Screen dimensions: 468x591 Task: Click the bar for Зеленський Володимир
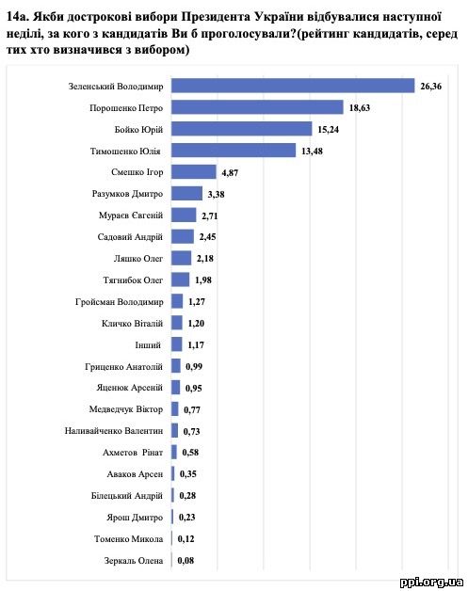point(293,86)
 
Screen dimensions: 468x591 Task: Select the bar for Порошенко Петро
point(257,107)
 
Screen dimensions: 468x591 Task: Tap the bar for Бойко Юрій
point(242,129)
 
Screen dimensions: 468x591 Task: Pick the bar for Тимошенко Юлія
point(234,151)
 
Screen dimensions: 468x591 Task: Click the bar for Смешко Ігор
point(194,172)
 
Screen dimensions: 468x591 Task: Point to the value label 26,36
point(430,87)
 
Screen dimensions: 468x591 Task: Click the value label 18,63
point(360,108)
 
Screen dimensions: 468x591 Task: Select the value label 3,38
point(216,195)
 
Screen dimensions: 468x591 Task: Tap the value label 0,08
point(186,561)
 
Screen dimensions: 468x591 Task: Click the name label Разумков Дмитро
point(127,194)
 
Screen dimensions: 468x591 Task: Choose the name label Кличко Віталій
point(133,324)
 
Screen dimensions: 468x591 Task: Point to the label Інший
point(148,344)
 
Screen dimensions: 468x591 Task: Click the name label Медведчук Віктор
point(126,409)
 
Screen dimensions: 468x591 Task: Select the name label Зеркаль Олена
point(134,561)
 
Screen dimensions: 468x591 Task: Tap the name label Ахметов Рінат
point(133,453)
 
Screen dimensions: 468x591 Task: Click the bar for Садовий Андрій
point(183,237)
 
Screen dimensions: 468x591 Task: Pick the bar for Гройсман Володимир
point(177,301)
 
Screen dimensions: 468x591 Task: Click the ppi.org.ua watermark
point(431,583)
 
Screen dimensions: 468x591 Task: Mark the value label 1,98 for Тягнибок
point(203,280)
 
